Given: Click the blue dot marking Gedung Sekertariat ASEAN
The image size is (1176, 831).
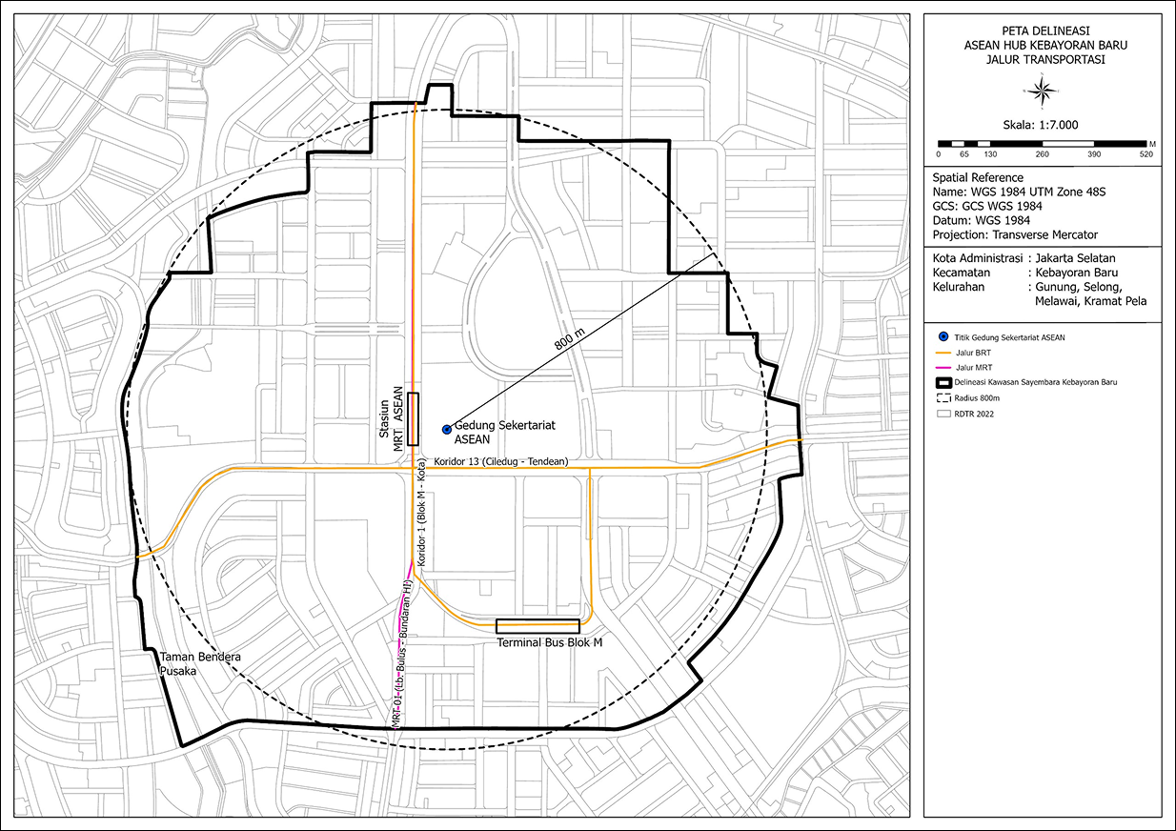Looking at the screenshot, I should click(446, 430).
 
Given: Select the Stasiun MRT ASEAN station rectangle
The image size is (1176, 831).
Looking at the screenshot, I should click(413, 418).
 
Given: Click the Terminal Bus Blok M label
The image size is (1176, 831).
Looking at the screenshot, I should click(550, 643).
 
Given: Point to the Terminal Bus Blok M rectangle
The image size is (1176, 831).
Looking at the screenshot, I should click(537, 626).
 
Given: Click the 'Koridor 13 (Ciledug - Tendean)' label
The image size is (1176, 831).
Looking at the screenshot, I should click(500, 462).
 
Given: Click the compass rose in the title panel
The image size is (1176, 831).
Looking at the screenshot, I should click(1043, 90).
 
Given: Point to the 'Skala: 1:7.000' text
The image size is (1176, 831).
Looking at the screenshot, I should click(1041, 124).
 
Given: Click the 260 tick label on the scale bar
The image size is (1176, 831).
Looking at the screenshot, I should click(1042, 154).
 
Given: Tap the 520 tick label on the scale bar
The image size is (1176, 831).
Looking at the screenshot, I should click(1146, 154).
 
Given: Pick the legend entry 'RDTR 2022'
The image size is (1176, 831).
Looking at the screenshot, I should click(981, 415).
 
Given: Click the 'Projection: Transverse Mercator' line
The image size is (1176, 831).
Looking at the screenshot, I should click(1015, 234).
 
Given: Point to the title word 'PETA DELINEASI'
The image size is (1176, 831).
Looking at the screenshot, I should click(1041, 30).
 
